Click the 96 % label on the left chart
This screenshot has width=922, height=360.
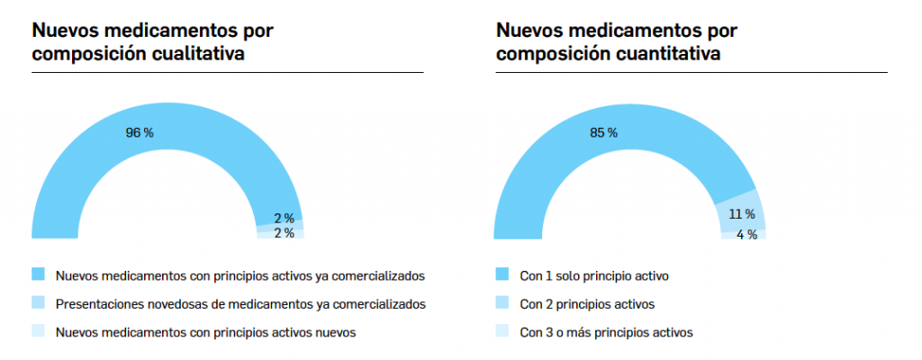[x=140, y=132]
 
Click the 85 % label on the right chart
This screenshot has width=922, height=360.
[x=603, y=132]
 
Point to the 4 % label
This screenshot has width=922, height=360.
[x=746, y=235]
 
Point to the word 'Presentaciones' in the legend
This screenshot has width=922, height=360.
[x=95, y=304]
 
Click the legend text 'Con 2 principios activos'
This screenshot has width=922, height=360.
[x=587, y=304]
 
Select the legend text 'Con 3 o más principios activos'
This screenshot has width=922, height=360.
[x=606, y=333]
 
